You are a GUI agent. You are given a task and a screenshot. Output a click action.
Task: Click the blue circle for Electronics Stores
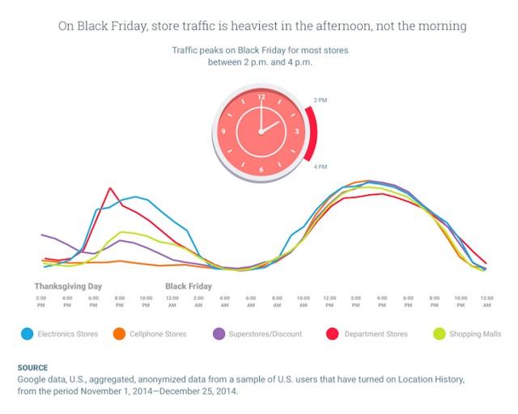[28, 334]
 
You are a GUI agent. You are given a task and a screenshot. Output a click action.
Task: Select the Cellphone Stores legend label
[158, 334]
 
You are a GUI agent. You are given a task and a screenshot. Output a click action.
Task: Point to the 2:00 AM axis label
[198, 302]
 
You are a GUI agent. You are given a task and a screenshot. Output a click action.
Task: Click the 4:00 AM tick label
[224, 302]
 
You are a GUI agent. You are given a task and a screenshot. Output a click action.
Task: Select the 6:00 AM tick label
[251, 302]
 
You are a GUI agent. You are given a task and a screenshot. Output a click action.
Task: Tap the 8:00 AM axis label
[277, 302]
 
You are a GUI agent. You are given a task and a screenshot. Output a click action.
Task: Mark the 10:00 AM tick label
[303, 302]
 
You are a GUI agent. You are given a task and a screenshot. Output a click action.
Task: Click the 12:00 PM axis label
[329, 302]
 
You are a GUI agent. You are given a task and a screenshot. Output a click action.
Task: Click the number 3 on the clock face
[297, 131]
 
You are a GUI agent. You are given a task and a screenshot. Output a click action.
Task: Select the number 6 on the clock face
[261, 169]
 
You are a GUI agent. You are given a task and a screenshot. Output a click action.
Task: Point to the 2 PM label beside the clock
[321, 100]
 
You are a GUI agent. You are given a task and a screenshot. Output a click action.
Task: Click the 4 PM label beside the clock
[321, 167]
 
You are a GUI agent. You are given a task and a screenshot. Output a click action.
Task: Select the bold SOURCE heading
[32, 367]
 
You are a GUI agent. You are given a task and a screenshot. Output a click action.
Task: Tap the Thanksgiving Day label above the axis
[68, 286]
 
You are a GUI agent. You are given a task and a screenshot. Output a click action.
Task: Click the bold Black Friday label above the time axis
[189, 286]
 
